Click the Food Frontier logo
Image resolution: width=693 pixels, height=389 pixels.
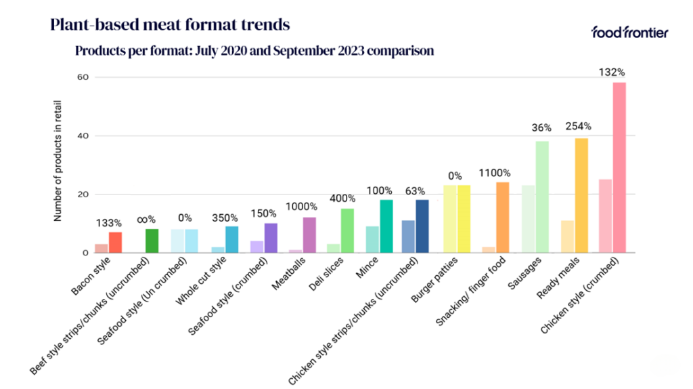(629, 32)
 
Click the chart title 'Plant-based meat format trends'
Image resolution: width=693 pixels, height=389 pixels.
(170, 25)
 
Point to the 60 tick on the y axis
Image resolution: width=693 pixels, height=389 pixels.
(84, 77)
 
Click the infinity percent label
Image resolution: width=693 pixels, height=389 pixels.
(146, 219)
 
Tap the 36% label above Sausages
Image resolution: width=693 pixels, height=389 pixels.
(541, 127)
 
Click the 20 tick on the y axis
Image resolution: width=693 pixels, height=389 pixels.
(84, 194)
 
